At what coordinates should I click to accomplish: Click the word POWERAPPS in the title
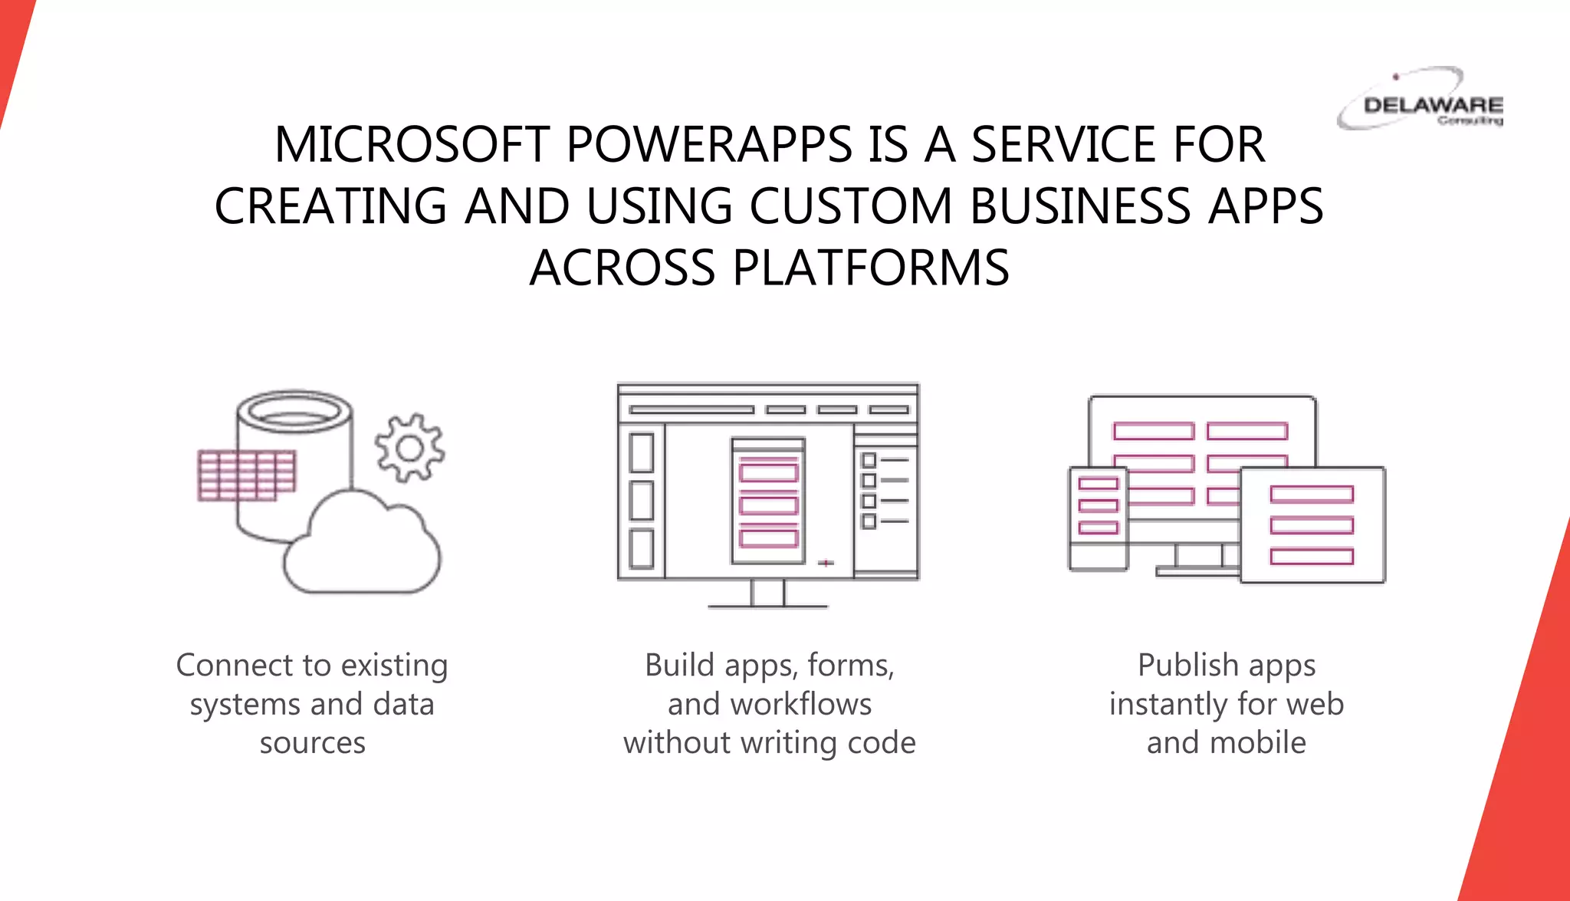709,144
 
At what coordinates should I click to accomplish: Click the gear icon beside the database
409,448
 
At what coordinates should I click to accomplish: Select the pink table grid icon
246,475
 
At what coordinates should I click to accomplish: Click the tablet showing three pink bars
1312,525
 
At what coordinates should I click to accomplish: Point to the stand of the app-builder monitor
767,594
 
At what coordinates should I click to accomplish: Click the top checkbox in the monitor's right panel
869,460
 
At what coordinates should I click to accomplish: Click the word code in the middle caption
887,742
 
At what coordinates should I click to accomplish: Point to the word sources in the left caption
312,742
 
